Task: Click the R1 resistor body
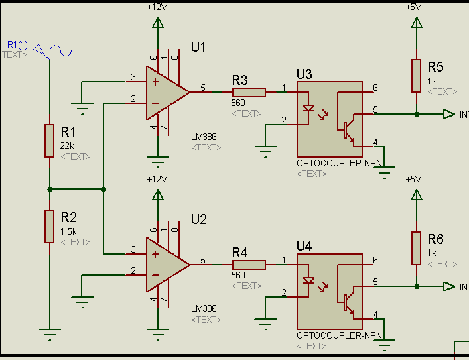click(x=49, y=141)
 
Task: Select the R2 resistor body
click(x=49, y=226)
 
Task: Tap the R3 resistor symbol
click(x=249, y=92)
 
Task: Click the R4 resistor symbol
click(x=249, y=265)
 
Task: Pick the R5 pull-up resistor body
click(x=416, y=76)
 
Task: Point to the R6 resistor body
click(x=416, y=248)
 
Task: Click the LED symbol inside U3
click(x=308, y=108)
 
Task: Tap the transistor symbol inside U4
click(x=347, y=302)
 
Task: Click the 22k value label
click(x=67, y=146)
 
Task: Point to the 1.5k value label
click(x=68, y=232)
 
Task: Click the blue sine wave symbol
click(x=61, y=50)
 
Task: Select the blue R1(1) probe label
click(x=17, y=45)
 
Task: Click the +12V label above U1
click(x=157, y=7)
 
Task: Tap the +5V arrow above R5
click(x=416, y=23)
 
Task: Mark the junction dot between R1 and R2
click(x=50, y=189)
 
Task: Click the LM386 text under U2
click(x=204, y=308)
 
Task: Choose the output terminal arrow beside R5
click(x=449, y=114)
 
